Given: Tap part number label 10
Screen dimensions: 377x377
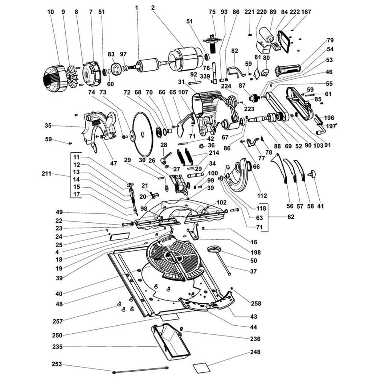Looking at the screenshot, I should click(51, 12).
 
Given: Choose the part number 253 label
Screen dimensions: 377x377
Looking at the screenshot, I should click(57, 365).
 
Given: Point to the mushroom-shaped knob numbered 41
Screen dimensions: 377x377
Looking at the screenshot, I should click(312, 175).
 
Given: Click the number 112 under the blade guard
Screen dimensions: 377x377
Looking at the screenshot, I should click(262, 196).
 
